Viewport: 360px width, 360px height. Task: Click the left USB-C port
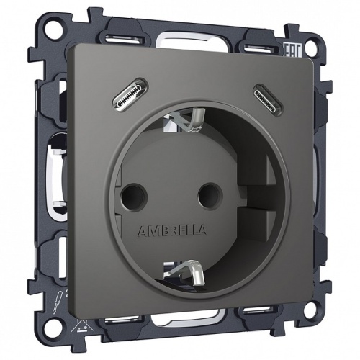[132, 94]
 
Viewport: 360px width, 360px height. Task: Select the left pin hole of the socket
[134, 193]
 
